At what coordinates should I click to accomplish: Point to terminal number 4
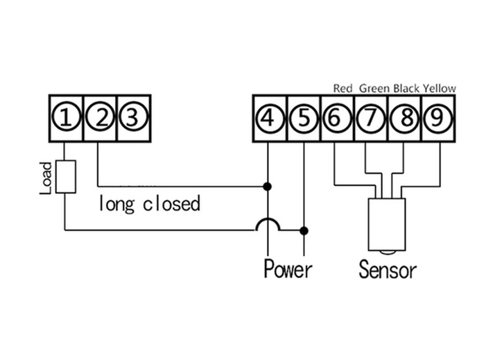coord(268,119)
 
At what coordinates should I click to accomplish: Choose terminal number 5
coord(302,119)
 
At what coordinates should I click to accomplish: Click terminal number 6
coord(336,119)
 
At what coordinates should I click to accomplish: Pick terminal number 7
coord(370,119)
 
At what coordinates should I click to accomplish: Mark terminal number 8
coord(403,119)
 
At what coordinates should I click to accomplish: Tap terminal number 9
coord(437,119)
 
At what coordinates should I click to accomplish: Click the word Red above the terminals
coord(343,88)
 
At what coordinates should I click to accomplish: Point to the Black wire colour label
coord(407,88)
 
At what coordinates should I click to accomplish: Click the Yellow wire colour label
coord(440,88)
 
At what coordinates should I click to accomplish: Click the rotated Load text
coord(46,178)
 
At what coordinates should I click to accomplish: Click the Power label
coord(288,268)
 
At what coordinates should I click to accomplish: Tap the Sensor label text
coord(388,268)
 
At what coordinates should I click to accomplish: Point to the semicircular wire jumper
coord(268,225)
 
